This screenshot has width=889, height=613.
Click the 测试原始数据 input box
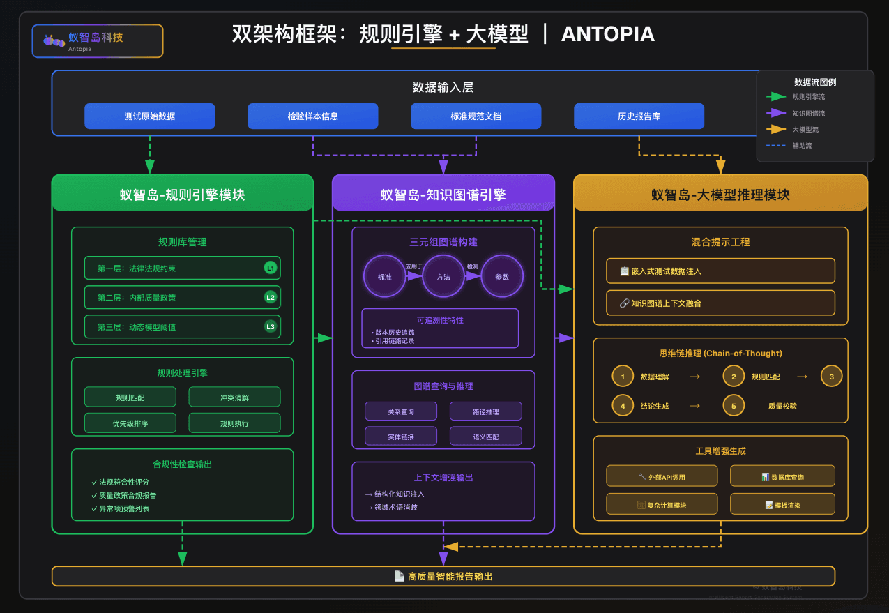(x=149, y=116)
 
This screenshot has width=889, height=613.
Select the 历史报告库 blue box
(x=639, y=116)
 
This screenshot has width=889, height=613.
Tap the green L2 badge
(x=271, y=297)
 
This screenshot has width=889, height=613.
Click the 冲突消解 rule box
(x=234, y=398)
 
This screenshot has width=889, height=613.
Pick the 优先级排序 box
(x=130, y=423)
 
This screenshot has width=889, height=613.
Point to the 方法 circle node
(x=443, y=276)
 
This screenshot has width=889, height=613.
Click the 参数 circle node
(x=502, y=276)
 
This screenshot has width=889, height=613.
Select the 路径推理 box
(x=485, y=411)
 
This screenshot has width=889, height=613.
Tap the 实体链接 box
(x=401, y=437)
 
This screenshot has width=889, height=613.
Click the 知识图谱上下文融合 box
(x=720, y=303)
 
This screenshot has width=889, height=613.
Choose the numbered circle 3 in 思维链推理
(x=831, y=377)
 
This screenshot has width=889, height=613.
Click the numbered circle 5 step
(x=734, y=405)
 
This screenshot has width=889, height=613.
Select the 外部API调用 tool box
(x=662, y=476)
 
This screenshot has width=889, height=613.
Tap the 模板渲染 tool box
(x=782, y=504)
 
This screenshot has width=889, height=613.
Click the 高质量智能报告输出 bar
(x=443, y=576)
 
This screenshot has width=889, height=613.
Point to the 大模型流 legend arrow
(x=776, y=129)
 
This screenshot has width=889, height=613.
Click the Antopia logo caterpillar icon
(x=53, y=40)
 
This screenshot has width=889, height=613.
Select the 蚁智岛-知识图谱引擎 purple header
(x=443, y=195)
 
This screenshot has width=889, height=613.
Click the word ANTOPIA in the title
(x=608, y=34)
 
